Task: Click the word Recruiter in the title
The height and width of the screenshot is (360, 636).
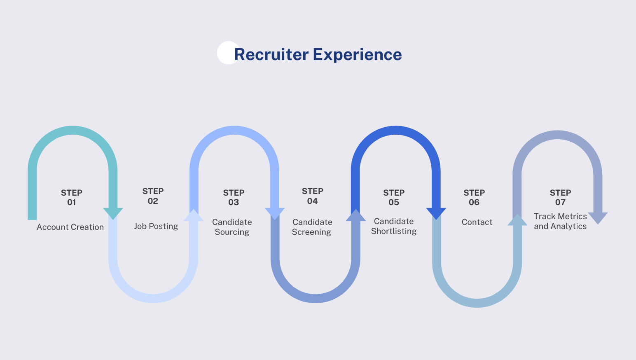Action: [271, 54]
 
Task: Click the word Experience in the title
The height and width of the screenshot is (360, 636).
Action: [357, 54]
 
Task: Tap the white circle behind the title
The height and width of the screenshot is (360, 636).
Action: [225, 52]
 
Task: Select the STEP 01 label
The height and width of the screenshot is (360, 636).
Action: [72, 197]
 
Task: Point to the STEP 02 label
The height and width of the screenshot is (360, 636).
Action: [153, 196]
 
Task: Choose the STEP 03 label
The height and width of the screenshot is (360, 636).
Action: [234, 197]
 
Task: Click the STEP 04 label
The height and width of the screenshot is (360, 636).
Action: [312, 196]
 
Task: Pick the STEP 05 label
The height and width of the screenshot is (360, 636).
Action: [394, 197]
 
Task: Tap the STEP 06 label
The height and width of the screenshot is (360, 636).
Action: [474, 197]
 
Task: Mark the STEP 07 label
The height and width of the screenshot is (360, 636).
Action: [560, 197]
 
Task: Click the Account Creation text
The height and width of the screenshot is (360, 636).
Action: [70, 227]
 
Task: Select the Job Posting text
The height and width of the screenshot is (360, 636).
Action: [156, 226]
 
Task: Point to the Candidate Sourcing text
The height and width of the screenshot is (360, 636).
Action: [232, 227]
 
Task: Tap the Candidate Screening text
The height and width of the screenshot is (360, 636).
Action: [312, 227]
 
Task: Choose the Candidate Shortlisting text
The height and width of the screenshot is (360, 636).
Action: [394, 226]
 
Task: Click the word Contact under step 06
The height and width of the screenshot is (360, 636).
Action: [477, 222]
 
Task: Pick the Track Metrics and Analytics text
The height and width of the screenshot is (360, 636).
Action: [560, 221]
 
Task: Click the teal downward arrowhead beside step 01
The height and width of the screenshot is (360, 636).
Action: [113, 213]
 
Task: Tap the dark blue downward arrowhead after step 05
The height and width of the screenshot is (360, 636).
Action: [436, 213]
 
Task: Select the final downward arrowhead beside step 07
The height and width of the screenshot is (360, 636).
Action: [598, 217]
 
